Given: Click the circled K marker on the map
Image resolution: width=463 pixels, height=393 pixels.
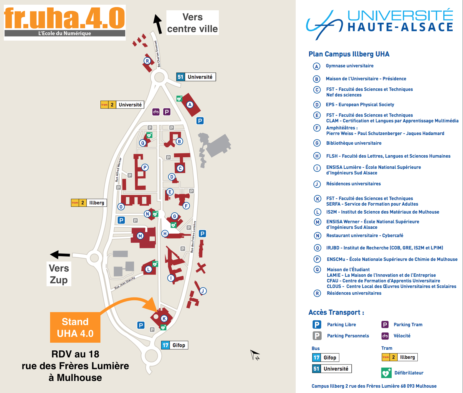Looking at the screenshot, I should click(164, 318).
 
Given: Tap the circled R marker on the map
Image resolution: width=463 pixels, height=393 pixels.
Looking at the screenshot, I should click(147, 61).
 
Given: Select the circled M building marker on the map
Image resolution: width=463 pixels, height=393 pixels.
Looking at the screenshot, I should click(140, 236).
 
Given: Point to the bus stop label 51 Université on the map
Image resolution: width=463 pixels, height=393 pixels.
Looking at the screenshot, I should click(196, 77).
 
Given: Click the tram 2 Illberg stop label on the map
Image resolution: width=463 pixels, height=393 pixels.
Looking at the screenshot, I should click(89, 203).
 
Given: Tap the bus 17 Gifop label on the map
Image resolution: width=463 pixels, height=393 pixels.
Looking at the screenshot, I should click(175, 345).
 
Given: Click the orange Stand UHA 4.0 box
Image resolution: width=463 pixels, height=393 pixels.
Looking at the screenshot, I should click(75, 327).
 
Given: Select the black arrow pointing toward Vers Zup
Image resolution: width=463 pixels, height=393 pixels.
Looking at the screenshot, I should click(60, 254).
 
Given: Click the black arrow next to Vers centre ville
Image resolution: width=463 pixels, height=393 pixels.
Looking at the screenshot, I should click(158, 24).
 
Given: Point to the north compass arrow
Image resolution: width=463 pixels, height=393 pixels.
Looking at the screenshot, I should click(254, 354).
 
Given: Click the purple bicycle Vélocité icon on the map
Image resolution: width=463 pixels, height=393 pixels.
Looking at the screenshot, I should click(156, 112).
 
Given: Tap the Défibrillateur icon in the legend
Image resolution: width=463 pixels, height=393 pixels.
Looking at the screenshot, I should click(386, 373).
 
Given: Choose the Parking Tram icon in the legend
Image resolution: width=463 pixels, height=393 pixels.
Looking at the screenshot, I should click(385, 324).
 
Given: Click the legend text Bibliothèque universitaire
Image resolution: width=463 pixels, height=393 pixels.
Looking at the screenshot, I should click(354, 143).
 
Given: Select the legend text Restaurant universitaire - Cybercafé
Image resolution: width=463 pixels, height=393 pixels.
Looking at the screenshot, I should click(365, 236).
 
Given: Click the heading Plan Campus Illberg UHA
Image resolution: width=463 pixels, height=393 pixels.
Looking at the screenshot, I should click(349, 54).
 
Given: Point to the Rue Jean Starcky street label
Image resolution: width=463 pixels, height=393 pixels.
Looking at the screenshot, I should click(125, 283).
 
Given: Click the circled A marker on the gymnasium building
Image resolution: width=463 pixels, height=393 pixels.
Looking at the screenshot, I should click(190, 104).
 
